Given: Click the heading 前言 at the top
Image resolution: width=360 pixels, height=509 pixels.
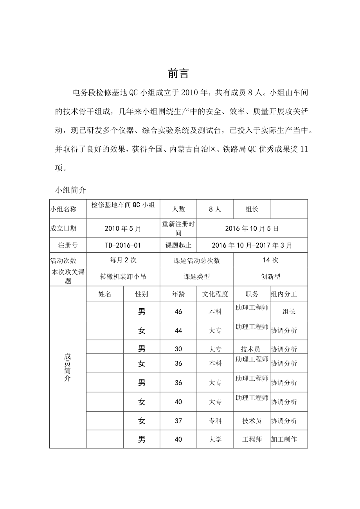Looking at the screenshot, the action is coord(178,74).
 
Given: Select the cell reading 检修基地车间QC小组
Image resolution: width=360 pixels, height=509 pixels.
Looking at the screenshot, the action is coord(123,205).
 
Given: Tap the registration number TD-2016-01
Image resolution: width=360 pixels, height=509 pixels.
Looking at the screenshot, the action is coord(123,245).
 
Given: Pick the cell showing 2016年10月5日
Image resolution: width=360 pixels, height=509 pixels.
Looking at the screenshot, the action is coord(252,228).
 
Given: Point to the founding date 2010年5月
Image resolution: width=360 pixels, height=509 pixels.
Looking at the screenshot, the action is coord(123,228).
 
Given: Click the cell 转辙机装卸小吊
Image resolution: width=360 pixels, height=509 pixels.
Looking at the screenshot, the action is coord(123,277).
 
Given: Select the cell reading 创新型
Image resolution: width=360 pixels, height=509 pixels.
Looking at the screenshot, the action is coord(270,277).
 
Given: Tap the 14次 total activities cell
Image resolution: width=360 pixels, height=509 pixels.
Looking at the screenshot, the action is coord(270,260).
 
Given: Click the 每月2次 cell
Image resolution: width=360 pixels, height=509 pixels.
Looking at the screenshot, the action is coord(123,260).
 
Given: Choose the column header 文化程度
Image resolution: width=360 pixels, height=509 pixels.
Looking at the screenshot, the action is coord(215,294).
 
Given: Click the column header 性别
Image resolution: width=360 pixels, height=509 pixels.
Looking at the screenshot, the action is coord(142,294).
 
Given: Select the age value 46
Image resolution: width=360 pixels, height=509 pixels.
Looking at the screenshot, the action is coord(178,312).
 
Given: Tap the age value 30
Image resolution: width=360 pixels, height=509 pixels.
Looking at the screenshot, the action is coord(178,349).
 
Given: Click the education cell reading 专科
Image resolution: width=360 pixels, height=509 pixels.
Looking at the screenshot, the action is coord(215,421).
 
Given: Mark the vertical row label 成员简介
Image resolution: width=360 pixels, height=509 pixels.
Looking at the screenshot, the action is coord(67,368).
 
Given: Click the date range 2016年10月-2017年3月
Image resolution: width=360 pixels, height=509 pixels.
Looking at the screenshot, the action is coord(252,245).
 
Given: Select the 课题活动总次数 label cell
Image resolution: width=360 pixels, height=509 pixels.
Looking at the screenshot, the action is coord(197,260).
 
